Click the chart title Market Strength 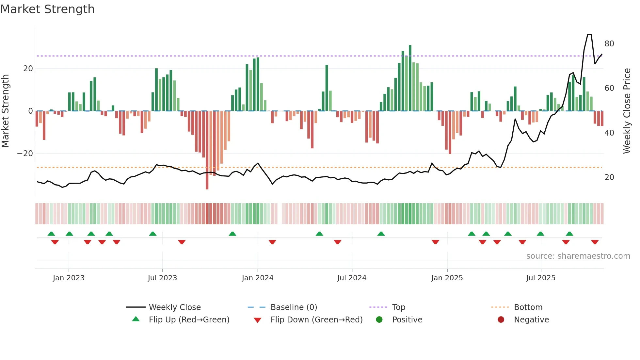click(x=48, y=9)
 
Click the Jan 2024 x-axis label click(x=257, y=278)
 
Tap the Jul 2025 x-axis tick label click(x=540, y=278)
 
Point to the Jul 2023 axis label click(x=162, y=278)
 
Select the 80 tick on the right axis click(x=609, y=44)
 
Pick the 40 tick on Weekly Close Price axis click(x=609, y=133)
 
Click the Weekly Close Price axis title click(x=627, y=111)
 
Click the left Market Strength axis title click(x=6, y=111)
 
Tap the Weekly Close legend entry click(x=174, y=307)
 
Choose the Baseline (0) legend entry click(x=294, y=307)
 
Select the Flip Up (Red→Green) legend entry click(x=189, y=320)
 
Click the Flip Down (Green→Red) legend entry click(x=316, y=320)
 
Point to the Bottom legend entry click(x=528, y=307)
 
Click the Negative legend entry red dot click(x=501, y=320)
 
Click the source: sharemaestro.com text click(x=578, y=256)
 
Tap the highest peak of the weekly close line click(x=589, y=35)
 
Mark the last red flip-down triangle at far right click(x=595, y=242)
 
